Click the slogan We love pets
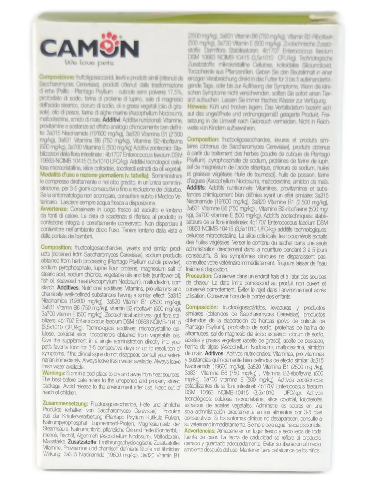point(89,63)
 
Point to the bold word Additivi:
point(111,120)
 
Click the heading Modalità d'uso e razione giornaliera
point(95,176)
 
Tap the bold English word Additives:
point(68,288)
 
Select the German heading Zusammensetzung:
point(64,404)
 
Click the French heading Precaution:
point(199,276)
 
